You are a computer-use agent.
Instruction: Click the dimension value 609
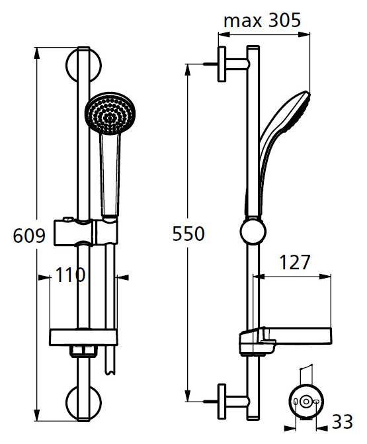click(x=30, y=236)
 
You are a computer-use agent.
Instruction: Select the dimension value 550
click(x=188, y=234)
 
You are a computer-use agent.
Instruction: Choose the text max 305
click(x=262, y=21)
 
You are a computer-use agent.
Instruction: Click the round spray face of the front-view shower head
click(x=109, y=112)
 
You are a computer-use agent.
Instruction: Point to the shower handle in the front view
click(x=110, y=172)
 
